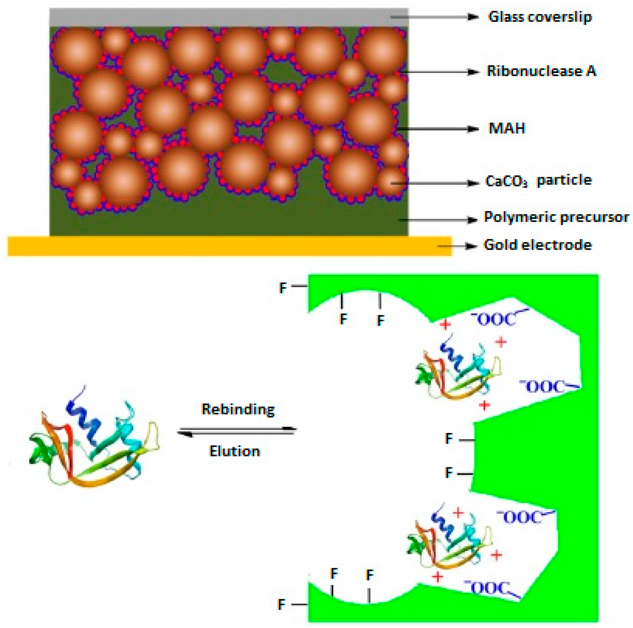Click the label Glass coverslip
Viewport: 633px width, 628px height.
540,17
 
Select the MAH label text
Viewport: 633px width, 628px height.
507,128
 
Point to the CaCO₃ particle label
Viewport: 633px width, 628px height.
538,180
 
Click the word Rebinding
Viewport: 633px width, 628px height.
238,409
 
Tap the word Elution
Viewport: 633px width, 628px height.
235,451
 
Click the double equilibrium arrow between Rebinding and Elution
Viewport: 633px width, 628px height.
237,431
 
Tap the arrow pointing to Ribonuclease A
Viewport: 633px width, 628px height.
439,72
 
